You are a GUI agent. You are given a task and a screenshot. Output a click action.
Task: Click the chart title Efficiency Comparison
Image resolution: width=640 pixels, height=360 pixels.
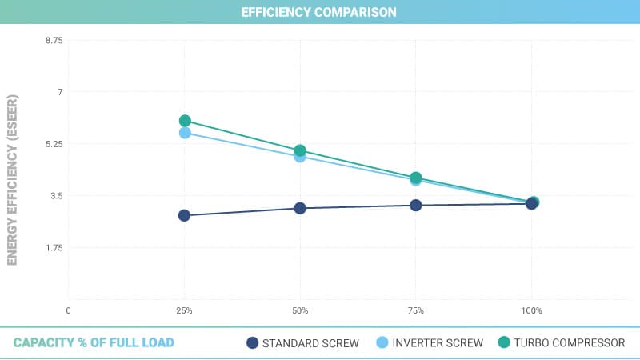point(320,13)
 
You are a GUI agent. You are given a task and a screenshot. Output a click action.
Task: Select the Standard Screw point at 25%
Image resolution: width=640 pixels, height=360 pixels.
point(184,215)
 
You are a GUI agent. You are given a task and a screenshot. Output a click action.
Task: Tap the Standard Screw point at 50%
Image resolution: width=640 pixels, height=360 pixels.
point(300,208)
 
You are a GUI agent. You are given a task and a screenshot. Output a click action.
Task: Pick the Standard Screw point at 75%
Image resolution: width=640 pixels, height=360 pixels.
point(416,205)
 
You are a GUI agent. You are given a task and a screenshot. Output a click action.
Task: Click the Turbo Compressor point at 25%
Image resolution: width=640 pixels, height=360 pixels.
point(185,121)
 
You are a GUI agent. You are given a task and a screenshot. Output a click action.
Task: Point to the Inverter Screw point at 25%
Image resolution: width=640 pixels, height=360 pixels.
point(185,133)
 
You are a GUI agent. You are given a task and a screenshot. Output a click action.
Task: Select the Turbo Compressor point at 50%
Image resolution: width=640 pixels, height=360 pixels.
point(300,150)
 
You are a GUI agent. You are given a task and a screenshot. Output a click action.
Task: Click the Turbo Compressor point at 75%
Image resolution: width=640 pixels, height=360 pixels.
point(416,178)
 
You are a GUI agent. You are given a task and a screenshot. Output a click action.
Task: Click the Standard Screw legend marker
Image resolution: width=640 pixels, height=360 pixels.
point(253,343)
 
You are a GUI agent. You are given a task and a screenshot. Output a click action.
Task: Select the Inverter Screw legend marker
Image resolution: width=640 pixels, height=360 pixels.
point(382,343)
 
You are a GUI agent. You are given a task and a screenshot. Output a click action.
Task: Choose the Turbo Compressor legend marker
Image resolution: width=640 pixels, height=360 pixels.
point(503,343)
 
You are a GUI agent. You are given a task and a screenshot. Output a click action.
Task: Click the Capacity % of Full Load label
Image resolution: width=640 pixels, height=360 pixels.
point(94,343)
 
